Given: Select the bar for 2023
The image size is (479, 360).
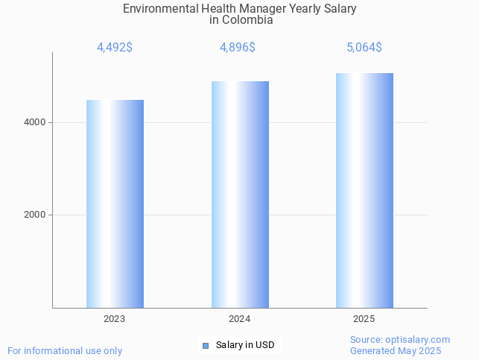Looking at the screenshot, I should [x=115, y=203].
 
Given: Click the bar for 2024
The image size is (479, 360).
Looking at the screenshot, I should [x=240, y=194].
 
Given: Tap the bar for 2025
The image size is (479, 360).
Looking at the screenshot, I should [x=364, y=190].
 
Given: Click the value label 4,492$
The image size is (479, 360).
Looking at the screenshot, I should [x=115, y=48].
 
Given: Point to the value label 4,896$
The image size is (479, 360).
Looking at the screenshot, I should [x=238, y=48].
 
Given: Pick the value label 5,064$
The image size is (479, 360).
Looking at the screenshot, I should [x=364, y=48].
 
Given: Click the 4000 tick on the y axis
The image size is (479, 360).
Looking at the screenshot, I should [x=34, y=122].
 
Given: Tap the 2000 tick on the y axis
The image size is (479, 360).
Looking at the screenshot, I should [x=34, y=215].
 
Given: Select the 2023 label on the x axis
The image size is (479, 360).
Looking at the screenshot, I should [x=115, y=319].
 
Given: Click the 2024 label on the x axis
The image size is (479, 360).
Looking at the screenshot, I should [x=240, y=319].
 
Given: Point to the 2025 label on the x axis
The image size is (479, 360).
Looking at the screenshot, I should [x=364, y=319].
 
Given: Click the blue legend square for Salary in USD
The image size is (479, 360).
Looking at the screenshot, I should [x=206, y=345].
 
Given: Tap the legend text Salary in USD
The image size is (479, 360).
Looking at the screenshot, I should [x=245, y=345].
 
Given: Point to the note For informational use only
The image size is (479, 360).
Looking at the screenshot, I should [x=65, y=350].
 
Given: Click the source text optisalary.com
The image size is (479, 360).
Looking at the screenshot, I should [x=418, y=340].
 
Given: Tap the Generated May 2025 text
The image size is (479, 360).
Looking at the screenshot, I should [x=396, y=351].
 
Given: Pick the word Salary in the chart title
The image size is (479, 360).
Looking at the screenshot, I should [x=340, y=9].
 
